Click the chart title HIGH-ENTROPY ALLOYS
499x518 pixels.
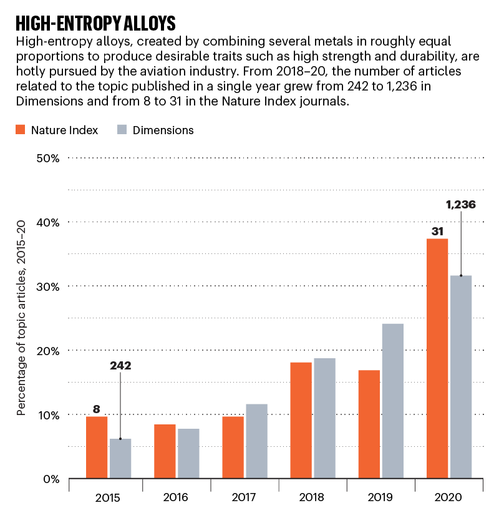click(x=95, y=23)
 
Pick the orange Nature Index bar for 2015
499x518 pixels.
click(x=97, y=447)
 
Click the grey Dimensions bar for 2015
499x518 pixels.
click(x=120, y=459)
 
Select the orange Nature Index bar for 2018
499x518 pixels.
click(x=301, y=420)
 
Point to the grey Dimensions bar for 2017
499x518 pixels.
click(x=256, y=441)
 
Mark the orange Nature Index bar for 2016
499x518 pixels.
click(x=165, y=451)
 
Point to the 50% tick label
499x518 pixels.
click(x=47, y=158)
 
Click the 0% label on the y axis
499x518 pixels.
click(x=51, y=479)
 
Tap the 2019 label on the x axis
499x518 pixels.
click(x=380, y=497)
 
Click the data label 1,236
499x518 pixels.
click(x=460, y=203)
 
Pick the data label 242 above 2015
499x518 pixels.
click(x=120, y=366)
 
